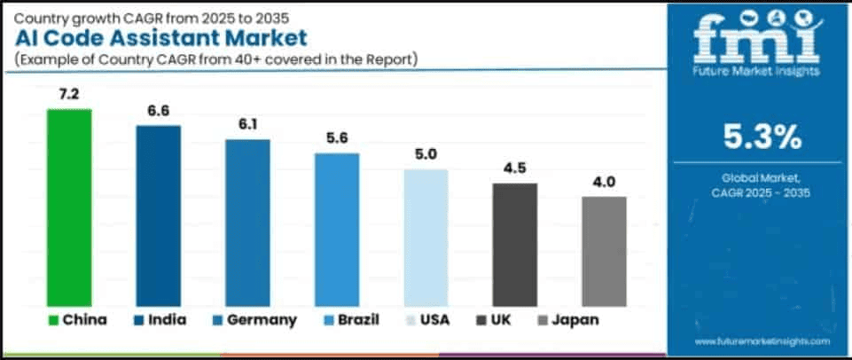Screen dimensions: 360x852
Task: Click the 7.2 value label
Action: point(69,93)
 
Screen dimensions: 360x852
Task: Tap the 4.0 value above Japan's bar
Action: point(604,181)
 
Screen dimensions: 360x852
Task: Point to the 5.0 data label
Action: point(426,153)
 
